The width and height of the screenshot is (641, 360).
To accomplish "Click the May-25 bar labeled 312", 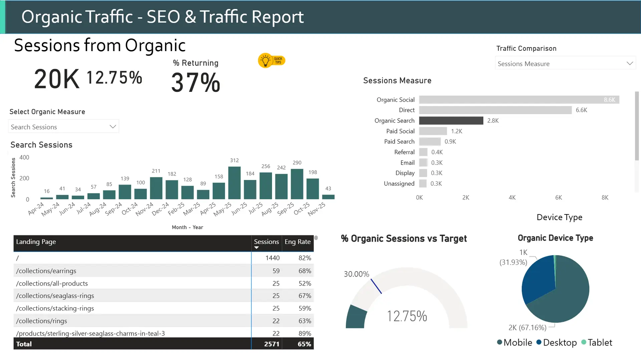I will coord(234,183).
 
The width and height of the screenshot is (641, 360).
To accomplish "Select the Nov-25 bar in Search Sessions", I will coord(328,197).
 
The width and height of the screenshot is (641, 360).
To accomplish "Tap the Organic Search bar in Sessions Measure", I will coord(451,121).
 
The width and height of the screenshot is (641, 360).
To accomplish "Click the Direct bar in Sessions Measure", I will coord(495,110).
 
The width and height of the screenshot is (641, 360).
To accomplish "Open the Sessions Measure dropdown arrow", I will coord(630,63).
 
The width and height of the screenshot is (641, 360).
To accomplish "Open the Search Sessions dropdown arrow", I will coord(113,127).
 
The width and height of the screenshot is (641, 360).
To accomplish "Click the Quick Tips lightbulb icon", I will coord(266,61).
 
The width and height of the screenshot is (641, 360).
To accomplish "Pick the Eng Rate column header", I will coord(297,242).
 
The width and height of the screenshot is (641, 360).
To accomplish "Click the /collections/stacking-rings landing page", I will coord(55,308).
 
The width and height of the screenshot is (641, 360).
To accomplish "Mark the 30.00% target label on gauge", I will coord(356,274).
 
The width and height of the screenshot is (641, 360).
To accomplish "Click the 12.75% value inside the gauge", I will coord(407,316).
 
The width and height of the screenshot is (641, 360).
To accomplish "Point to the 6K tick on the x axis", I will coord(558,198).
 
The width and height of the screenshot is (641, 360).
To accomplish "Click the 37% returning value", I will coord(196,83).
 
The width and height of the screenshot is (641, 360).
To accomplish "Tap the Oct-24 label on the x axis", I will coord(130,209).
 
